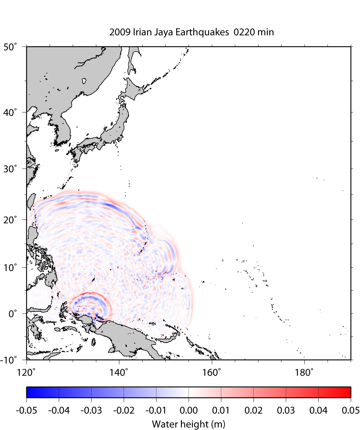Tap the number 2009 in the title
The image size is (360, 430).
(x=118, y=32)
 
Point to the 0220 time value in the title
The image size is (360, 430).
(x=243, y=32)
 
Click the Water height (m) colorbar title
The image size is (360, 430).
(x=188, y=424)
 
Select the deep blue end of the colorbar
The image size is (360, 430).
(x=31, y=392)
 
